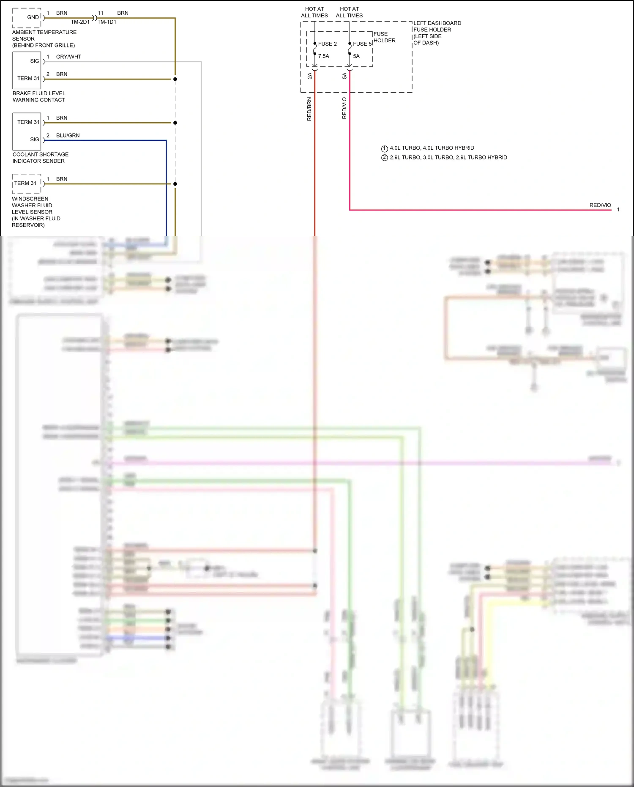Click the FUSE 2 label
[327, 44]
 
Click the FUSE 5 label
[362, 44]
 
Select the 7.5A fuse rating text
[323, 56]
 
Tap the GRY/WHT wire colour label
[68, 57]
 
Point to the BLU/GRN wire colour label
[68, 135]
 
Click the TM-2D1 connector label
[80, 22]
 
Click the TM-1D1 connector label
[107, 22]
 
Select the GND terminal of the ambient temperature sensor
[33, 17]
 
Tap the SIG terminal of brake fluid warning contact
[35, 61]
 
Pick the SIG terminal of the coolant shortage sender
[35, 139]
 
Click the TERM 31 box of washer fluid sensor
[25, 183]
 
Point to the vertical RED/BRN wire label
[309, 109]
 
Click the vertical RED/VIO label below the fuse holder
[344, 108]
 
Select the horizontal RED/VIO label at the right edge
[600, 205]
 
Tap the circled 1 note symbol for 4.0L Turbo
[385, 148]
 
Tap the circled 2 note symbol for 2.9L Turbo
[385, 158]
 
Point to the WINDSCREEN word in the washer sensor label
[30, 199]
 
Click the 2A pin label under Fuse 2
[309, 76]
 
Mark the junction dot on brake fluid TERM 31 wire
[175, 79]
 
